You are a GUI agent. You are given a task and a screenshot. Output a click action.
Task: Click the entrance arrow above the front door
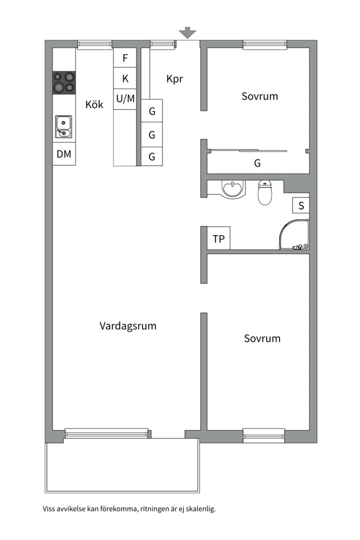tap(187, 32)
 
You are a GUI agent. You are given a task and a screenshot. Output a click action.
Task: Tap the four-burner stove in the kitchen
tap(63, 82)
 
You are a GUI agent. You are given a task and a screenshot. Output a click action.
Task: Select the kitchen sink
tap(63, 126)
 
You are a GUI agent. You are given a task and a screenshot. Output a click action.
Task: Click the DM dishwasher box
tap(64, 154)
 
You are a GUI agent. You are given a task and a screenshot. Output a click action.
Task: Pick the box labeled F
tap(125, 58)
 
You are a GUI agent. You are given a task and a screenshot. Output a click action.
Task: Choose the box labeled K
tap(125, 78)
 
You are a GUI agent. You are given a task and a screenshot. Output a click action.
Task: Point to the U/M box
tap(125, 99)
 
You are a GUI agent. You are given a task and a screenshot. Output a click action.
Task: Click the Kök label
tap(94, 104)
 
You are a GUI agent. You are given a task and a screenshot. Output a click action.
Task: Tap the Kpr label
tap(174, 79)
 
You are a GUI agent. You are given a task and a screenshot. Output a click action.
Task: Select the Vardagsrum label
tap(128, 326)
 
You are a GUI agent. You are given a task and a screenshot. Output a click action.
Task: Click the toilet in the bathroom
tap(265, 192)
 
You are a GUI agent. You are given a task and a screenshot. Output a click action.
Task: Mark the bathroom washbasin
tap(234, 189)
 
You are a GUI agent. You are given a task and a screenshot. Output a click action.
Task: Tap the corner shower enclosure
tap(294, 234)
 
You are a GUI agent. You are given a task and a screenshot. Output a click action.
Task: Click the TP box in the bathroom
tap(219, 238)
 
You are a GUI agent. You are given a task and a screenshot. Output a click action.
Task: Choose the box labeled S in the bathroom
tap(301, 205)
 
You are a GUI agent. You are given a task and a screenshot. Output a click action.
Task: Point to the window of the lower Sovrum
tap(264, 435)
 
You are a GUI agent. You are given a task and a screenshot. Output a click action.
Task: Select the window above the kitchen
tap(94, 45)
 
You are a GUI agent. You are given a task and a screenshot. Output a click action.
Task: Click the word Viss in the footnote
tap(48, 509)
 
